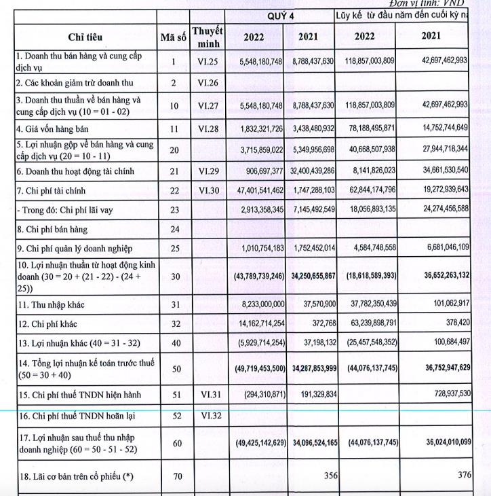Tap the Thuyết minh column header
click(x=207, y=37)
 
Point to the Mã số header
click(x=174, y=37)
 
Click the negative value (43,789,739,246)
click(x=258, y=277)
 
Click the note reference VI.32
click(x=207, y=414)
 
